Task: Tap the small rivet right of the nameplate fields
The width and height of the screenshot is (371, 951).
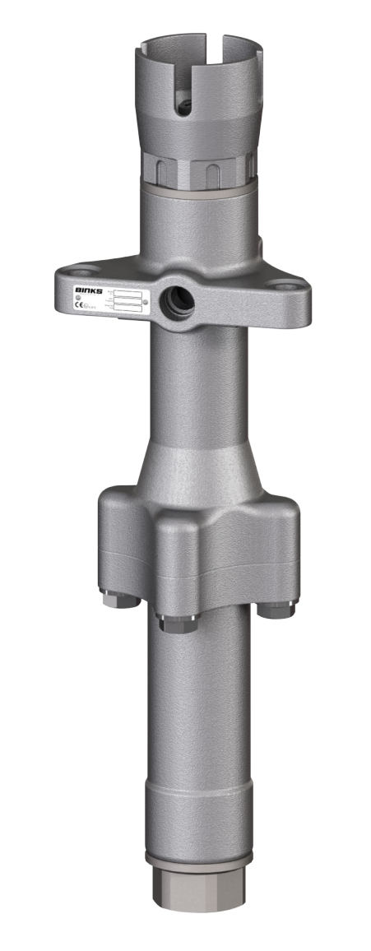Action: coord(146,302)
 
